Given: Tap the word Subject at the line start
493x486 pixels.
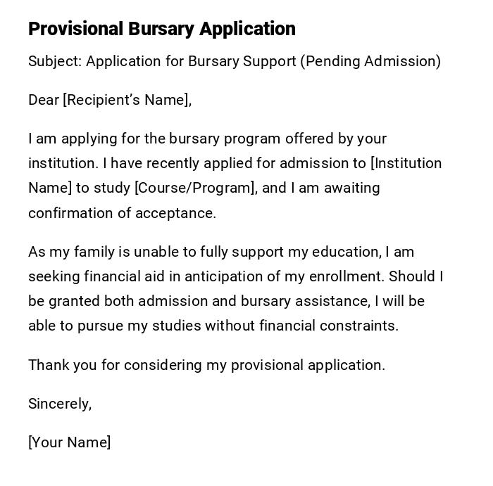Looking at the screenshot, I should [x=54, y=61].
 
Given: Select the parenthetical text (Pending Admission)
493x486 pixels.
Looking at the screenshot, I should [x=370, y=61].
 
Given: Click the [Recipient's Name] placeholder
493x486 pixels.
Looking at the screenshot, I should [x=127, y=100].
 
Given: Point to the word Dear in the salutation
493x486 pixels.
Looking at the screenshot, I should [x=44, y=100].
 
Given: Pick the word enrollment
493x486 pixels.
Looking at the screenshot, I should [x=346, y=276].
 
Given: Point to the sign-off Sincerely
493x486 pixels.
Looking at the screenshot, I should [x=60, y=404].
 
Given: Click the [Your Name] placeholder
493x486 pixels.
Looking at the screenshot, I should [x=70, y=442].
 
